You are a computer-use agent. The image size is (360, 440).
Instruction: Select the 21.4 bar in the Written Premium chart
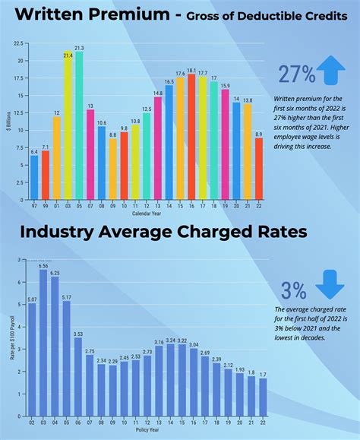(68, 126)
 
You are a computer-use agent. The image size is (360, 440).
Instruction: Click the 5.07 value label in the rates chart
(31, 299)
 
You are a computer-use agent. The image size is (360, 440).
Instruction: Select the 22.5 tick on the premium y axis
(17, 43)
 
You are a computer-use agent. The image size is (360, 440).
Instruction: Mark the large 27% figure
(296, 74)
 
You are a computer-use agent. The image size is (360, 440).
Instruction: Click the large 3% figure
(294, 290)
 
